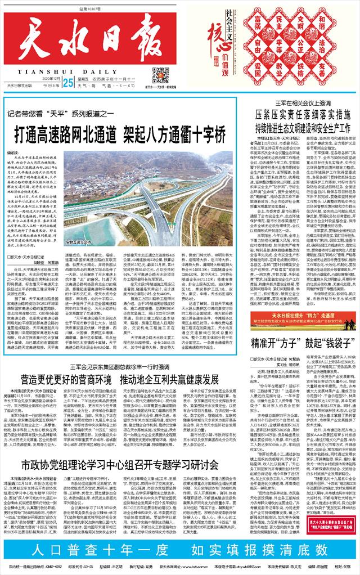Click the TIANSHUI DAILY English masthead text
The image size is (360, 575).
click(x=66, y=73)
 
